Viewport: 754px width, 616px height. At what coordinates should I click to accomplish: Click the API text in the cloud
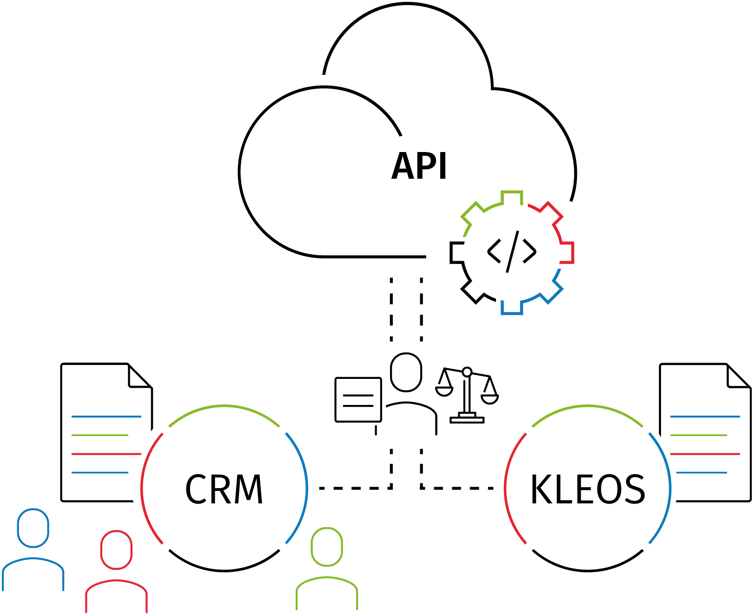pyautogui.click(x=419, y=166)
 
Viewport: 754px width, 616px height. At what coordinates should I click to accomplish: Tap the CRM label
pyautogui.click(x=224, y=489)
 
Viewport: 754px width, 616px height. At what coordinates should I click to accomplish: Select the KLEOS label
pyautogui.click(x=588, y=489)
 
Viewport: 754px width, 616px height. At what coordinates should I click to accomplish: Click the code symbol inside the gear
pyautogui.click(x=511, y=252)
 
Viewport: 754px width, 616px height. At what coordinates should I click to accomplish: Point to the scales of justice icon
pyautogui.click(x=467, y=395)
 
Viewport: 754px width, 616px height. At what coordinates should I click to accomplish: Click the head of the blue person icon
pyautogui.click(x=33, y=528)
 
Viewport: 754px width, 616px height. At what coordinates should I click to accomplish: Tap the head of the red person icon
pyautogui.click(x=116, y=550)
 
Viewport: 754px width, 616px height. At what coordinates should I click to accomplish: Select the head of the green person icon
pyautogui.click(x=327, y=547)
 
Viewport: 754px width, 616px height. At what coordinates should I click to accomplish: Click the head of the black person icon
pyautogui.click(x=406, y=372)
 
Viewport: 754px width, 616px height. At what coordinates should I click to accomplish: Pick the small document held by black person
pyautogui.click(x=358, y=400)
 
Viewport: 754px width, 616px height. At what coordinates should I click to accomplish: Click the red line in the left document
pyautogui.click(x=106, y=454)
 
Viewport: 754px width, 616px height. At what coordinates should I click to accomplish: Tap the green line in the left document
pyautogui.click(x=100, y=435)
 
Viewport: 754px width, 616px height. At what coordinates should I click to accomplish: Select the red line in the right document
pyautogui.click(x=705, y=454)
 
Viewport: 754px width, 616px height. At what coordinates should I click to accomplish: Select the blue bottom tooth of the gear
pyautogui.click(x=512, y=308)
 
